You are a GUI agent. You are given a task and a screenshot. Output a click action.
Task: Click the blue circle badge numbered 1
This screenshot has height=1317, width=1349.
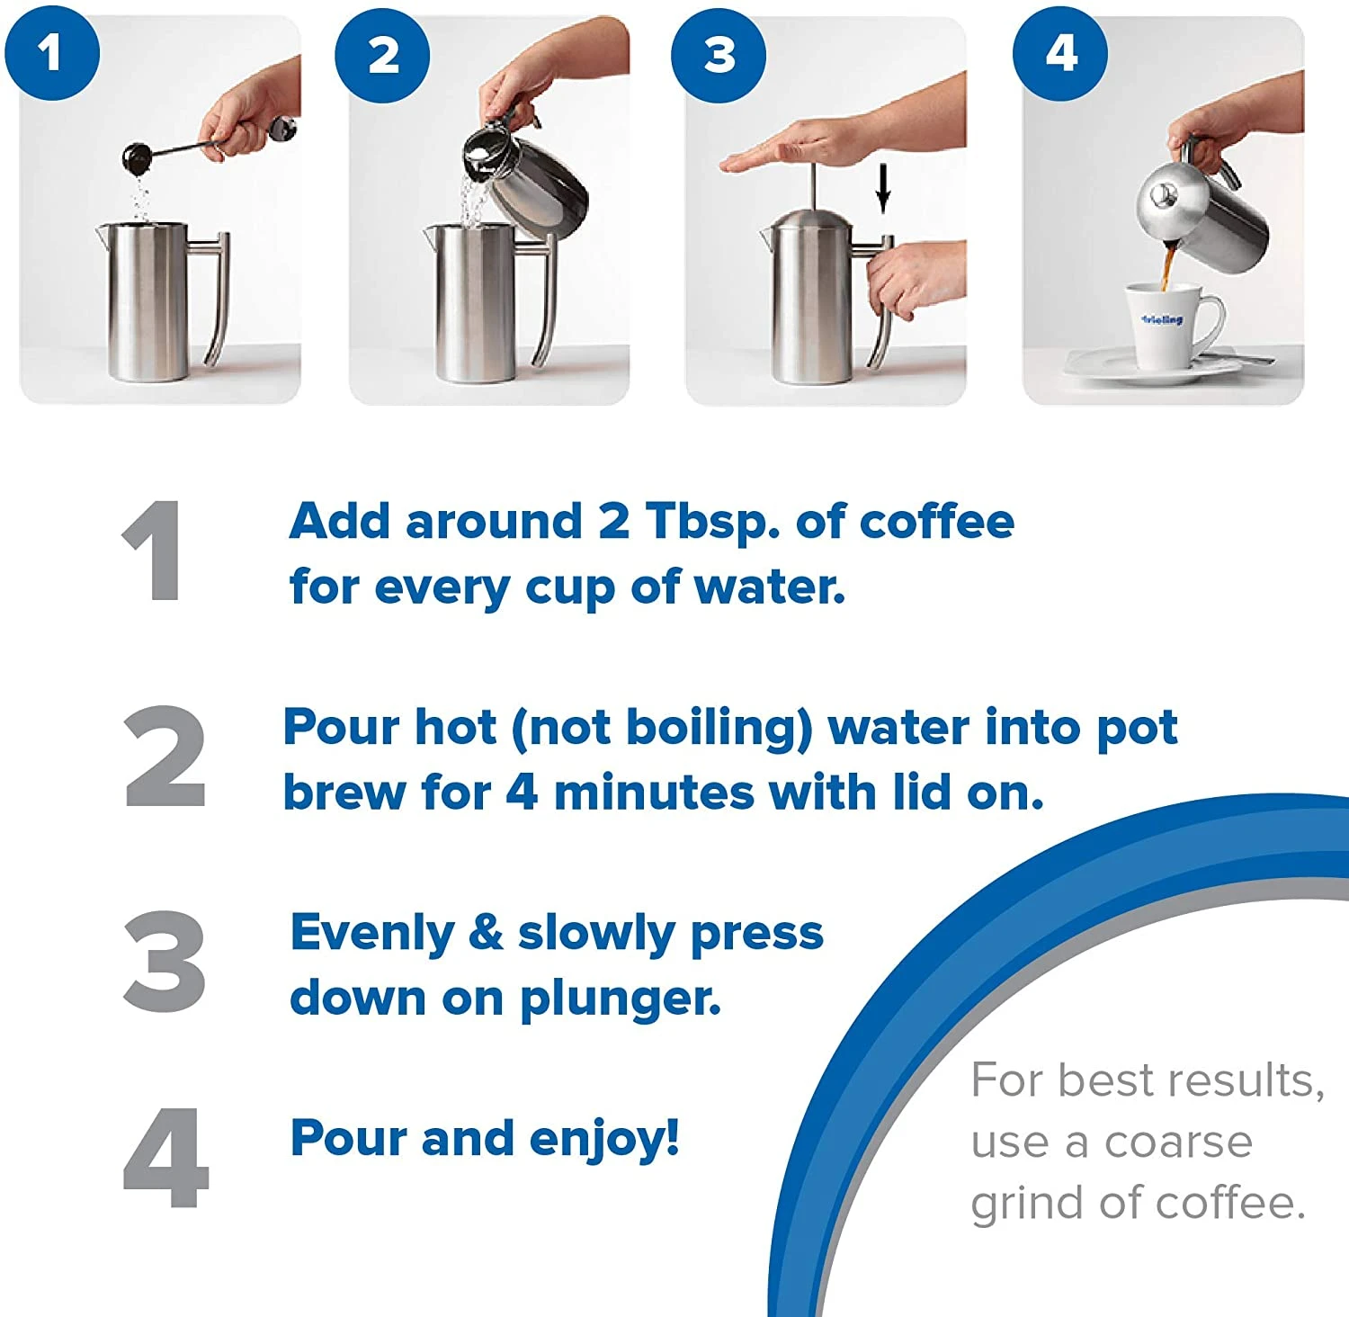coord(51,52)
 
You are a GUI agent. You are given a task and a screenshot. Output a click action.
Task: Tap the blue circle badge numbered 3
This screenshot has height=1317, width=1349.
coord(719,55)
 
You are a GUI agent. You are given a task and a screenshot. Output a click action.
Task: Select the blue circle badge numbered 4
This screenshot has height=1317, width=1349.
coord(1060,53)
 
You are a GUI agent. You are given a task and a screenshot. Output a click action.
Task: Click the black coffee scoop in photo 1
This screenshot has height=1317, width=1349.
coord(138,159)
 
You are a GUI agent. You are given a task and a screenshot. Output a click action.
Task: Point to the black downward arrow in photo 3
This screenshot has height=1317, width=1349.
coord(883,190)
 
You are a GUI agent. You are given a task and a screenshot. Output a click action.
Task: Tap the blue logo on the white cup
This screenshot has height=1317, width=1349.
coord(1162,319)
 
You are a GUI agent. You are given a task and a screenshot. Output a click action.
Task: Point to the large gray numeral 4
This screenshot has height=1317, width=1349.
coord(165,1159)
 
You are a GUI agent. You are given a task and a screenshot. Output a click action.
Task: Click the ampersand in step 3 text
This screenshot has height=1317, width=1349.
coord(486,932)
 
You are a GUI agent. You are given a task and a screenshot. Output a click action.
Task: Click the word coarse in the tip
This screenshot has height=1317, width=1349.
coord(1178,1143)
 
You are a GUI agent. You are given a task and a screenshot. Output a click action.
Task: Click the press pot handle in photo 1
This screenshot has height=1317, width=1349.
coord(216,297)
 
